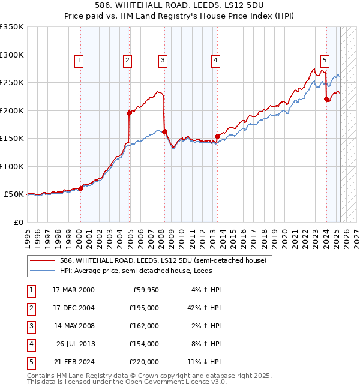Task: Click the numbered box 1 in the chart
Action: click(79, 60)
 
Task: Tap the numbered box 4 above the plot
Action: click(215, 60)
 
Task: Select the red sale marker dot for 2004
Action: click(129, 113)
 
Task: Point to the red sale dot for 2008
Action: click(164, 131)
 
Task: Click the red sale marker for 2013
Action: click(217, 136)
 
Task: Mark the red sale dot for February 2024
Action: click(326, 100)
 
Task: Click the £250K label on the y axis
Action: click(12, 83)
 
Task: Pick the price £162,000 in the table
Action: click(144, 326)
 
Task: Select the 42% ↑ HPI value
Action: click(205, 308)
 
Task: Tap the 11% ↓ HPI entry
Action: click(205, 362)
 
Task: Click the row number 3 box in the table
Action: click(30, 326)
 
